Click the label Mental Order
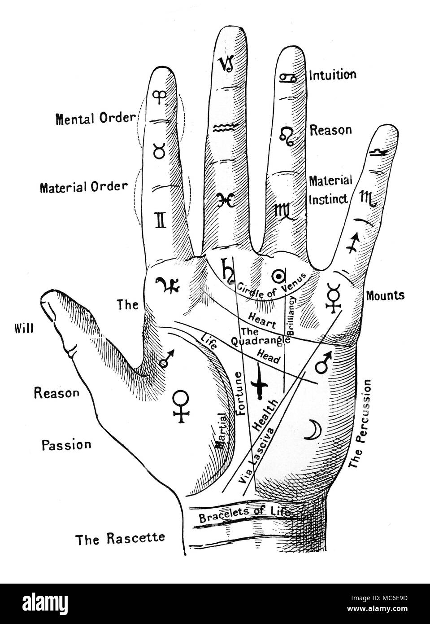pos(95,119)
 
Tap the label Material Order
pos(84,186)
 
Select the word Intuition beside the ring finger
pos(332,75)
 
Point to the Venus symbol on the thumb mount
pos(181,405)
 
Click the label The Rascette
pos(120,538)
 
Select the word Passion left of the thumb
pos(66,445)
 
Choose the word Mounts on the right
pos(385,295)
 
